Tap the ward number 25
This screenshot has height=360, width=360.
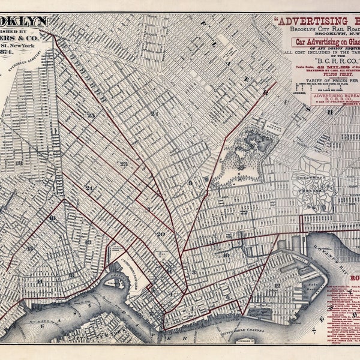click(91, 115)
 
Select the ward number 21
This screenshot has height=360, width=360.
click(155, 113)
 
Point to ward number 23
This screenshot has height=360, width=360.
click(123, 163)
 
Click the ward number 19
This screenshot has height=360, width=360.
click(88, 242)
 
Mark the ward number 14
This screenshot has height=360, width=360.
click(40, 281)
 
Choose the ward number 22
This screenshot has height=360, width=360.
click(244, 212)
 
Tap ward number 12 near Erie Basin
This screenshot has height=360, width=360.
click(277, 286)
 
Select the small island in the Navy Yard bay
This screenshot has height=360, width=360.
click(114, 281)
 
